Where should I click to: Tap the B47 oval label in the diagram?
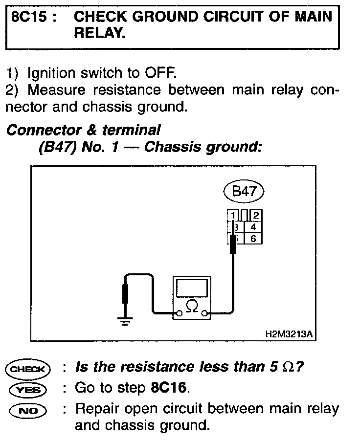pos(244,191)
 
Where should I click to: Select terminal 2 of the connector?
pos(256,216)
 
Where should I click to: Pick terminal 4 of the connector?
pos(253,227)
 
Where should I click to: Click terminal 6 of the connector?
pos(253,239)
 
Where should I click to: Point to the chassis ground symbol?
pos(126,321)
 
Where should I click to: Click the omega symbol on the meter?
pos(193,306)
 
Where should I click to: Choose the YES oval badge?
pos(28,390)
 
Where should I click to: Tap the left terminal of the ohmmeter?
pos(180,313)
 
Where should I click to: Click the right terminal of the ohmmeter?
pos(205,313)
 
